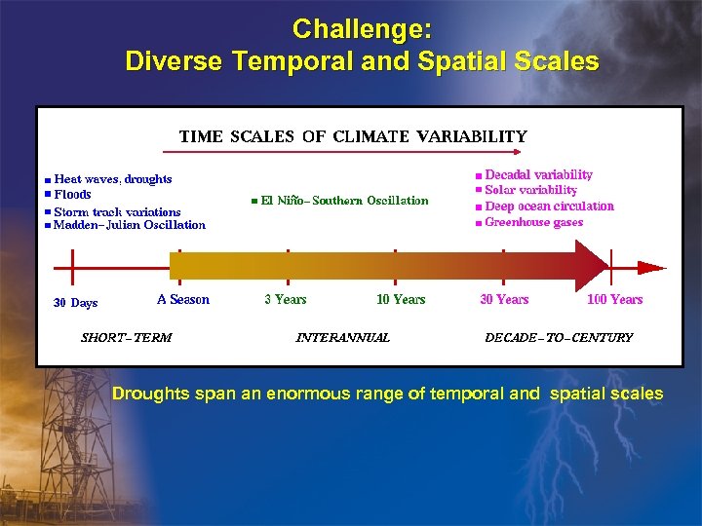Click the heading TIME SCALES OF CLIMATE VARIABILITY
tap(352, 136)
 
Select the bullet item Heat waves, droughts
tap(112, 179)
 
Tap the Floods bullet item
tap(72, 195)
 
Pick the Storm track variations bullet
tap(117, 211)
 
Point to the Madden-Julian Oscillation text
tap(129, 225)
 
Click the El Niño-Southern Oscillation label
tap(344, 201)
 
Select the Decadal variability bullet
tap(538, 174)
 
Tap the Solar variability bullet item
tap(530, 190)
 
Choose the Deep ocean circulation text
tap(549, 207)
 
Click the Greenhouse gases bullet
tap(533, 222)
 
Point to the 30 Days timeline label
tap(75, 303)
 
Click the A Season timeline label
tap(183, 300)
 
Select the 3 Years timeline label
tap(286, 300)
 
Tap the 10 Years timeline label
tap(401, 300)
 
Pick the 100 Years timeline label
tap(614, 300)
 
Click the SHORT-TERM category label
tap(126, 338)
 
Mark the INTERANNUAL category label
tap(342, 338)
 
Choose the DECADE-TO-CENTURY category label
tap(559, 338)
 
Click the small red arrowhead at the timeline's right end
tap(652, 266)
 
